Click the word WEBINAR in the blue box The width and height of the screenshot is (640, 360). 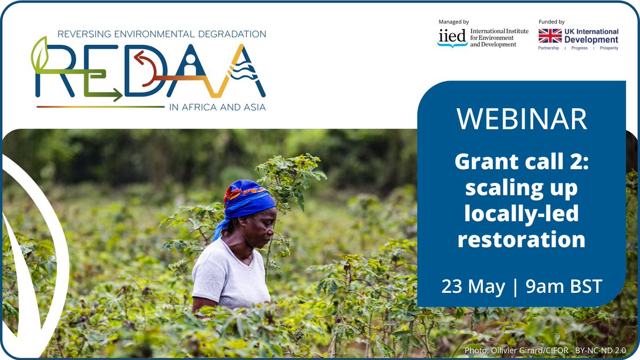coord(521,119)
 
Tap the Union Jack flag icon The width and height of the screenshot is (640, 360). coord(550,36)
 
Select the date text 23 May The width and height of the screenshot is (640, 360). coord(473,286)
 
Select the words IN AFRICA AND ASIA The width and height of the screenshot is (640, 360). coord(217,107)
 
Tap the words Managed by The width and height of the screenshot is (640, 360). coord(453,22)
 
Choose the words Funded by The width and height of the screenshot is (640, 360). coord(551,22)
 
